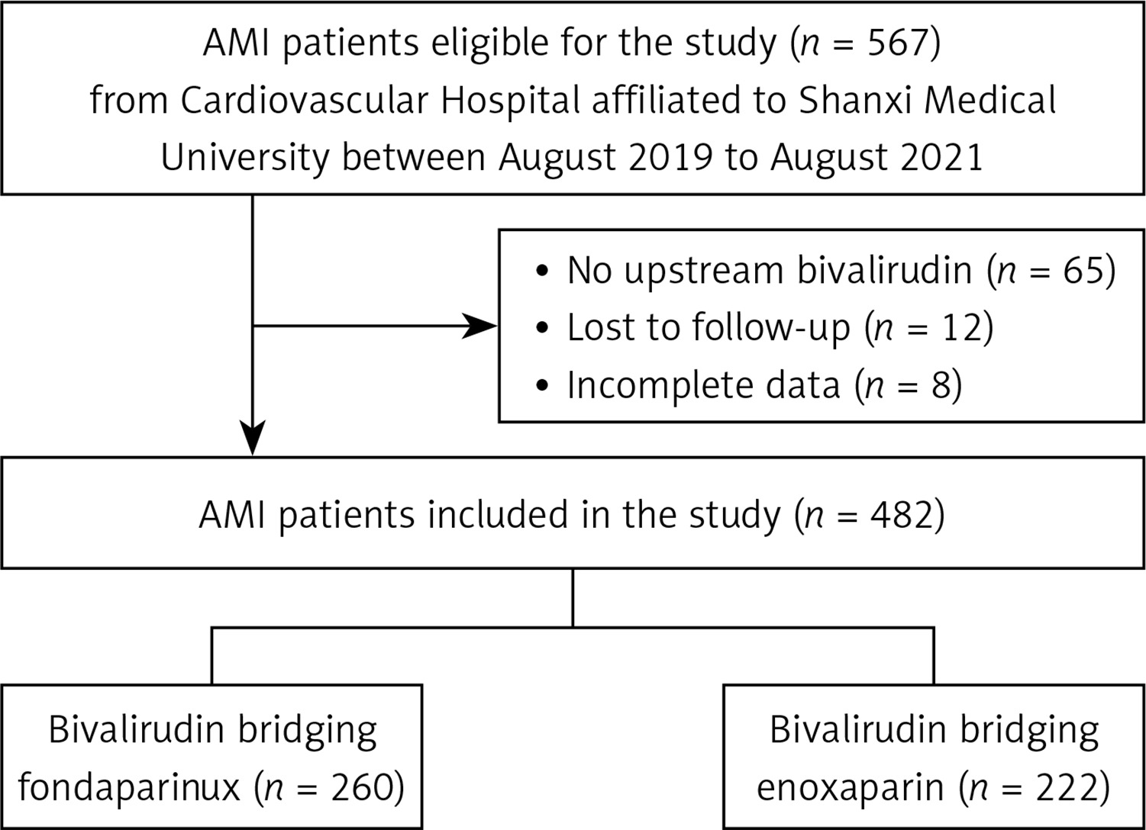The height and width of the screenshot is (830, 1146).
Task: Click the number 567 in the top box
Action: (x=897, y=43)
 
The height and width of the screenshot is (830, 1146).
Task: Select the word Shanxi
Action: (x=855, y=100)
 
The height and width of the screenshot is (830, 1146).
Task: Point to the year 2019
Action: (x=670, y=157)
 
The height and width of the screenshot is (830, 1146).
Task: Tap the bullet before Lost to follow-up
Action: (x=542, y=327)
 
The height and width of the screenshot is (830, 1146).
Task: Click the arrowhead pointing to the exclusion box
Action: (x=479, y=326)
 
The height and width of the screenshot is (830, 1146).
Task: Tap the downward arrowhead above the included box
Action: (x=253, y=437)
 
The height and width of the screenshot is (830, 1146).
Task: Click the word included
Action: (x=498, y=514)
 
